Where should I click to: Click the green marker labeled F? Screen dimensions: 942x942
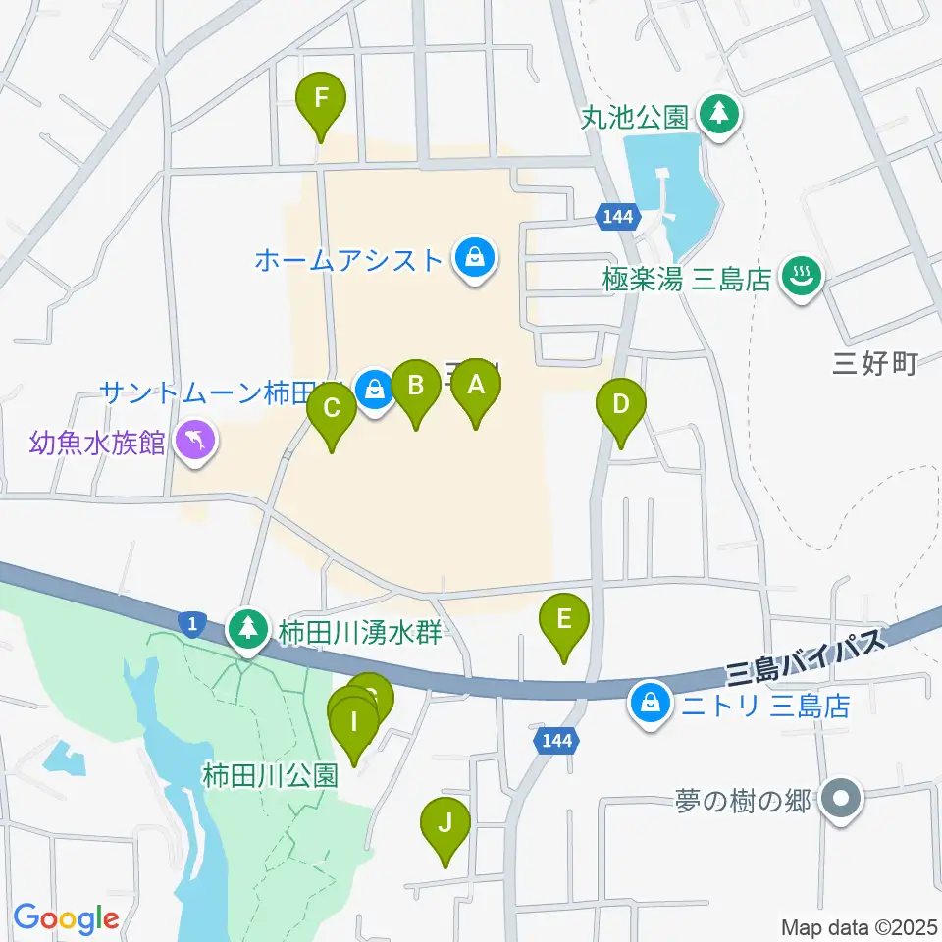point(321,100)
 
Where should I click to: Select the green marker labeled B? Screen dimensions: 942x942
point(415,387)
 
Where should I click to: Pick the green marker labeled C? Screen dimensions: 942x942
point(332,408)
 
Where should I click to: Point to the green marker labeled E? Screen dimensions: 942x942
point(563,621)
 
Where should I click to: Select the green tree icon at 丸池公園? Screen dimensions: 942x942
point(721,115)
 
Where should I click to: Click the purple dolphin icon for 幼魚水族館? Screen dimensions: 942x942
point(195,441)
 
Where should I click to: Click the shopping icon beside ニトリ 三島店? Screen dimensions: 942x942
point(649,703)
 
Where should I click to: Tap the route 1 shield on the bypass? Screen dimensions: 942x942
point(193,622)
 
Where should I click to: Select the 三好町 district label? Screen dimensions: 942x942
point(873,365)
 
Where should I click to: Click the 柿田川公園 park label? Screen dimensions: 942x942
point(271,776)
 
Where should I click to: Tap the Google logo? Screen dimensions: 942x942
point(66,918)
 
